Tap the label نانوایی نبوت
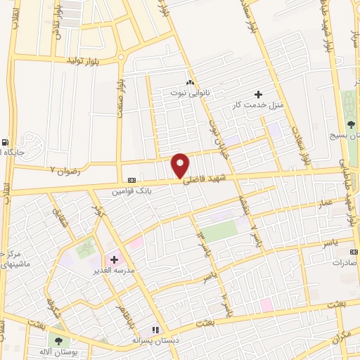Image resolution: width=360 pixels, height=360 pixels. [x=190, y=92]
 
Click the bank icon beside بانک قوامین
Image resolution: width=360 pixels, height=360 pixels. [x=130, y=179]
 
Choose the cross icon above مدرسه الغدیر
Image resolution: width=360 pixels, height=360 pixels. [x=114, y=259]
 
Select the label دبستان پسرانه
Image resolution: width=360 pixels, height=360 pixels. [x=156, y=340]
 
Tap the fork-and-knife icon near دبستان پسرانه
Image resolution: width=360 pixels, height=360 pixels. [x=156, y=329]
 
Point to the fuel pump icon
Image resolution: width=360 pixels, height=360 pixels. [x=6, y=139]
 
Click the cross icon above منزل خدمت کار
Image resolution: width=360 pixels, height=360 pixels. [x=258, y=94]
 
